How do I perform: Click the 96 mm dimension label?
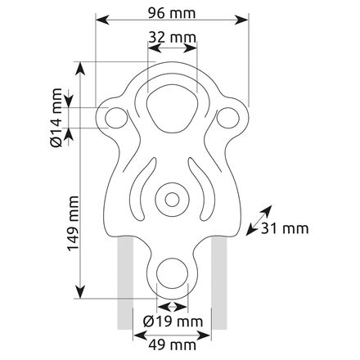point(172,13)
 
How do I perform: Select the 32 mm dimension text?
point(173,38)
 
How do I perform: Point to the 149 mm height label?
point(73,223)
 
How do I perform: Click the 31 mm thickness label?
point(285,228)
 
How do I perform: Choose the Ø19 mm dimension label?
point(173,322)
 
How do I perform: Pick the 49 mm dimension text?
point(173,345)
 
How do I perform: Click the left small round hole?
point(116,118)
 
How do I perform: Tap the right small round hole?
point(228,118)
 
